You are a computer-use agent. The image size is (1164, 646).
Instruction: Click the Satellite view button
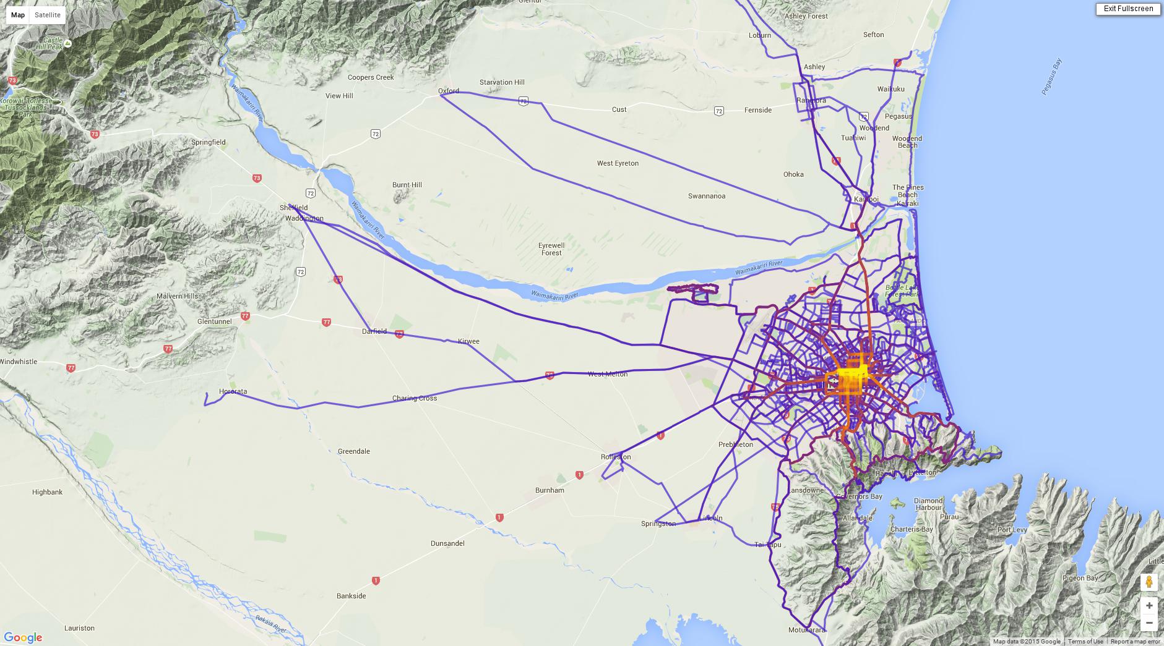pos(48,15)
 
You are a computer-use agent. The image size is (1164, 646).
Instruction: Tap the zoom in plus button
pos(1149,605)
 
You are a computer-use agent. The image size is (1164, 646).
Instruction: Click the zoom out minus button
pos(1149,623)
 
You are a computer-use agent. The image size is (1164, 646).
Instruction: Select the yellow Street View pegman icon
pos(1149,582)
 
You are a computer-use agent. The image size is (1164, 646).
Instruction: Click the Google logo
pos(23,638)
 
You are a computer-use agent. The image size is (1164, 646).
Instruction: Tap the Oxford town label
pos(449,91)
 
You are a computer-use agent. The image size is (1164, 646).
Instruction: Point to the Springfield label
pos(209,142)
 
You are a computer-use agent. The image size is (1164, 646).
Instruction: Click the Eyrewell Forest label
pos(551,249)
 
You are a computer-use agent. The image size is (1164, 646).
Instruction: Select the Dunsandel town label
pos(447,543)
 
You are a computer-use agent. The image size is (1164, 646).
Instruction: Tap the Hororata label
pos(233,391)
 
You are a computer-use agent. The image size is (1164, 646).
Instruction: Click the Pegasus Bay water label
pos(1051,77)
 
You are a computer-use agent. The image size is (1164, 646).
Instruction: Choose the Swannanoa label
pos(707,196)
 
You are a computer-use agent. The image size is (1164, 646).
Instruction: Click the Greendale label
pos(354,451)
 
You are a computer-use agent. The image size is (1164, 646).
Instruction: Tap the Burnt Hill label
pos(407,185)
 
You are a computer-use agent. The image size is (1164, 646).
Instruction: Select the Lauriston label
pos(79,628)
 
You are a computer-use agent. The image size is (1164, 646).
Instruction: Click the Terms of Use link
pos(1085,642)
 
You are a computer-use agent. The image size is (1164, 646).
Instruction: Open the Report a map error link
pos(1136,642)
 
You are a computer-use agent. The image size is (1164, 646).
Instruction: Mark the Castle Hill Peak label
pos(50,43)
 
